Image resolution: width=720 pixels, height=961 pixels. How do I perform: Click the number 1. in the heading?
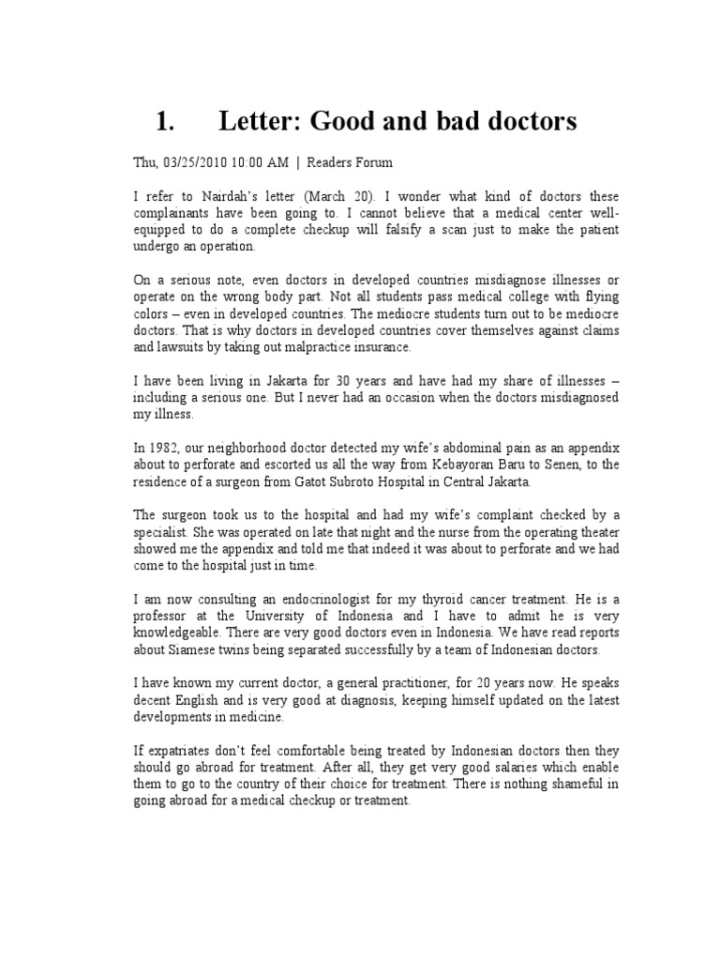point(166,122)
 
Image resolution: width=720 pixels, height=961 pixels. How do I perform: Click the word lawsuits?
point(179,346)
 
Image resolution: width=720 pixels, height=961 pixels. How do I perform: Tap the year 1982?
point(169,450)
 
